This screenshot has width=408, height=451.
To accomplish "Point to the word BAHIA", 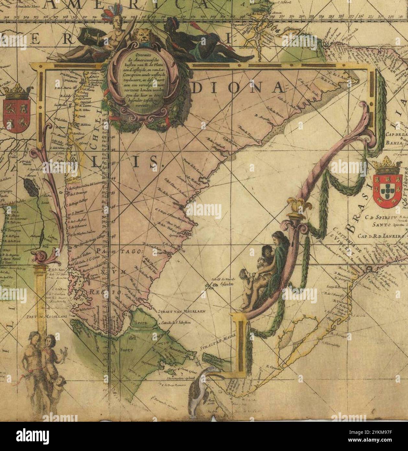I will click(x=394, y=142).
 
